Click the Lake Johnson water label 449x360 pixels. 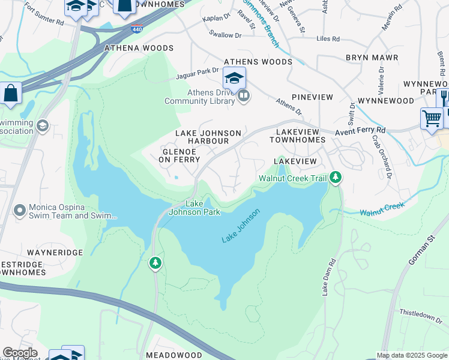(241, 226)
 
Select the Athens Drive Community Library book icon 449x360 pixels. (243, 95)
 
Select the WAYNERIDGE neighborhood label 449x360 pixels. (54, 253)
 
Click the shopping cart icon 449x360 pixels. (432, 119)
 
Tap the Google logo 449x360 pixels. (20, 353)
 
